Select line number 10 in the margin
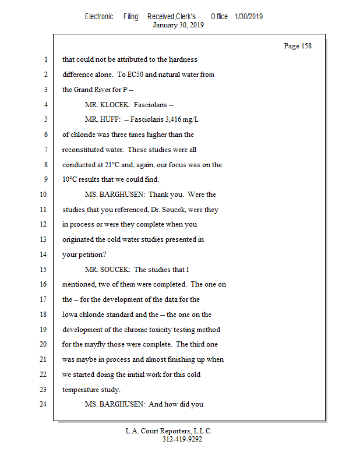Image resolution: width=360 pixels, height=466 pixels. click(44, 195)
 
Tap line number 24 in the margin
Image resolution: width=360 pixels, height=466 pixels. click(44, 404)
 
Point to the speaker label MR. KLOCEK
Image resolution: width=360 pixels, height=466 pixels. click(107, 105)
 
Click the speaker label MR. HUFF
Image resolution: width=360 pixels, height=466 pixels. click(101, 120)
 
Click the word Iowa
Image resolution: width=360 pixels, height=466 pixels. click(71, 315)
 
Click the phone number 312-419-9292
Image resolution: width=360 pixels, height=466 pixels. click(182, 439)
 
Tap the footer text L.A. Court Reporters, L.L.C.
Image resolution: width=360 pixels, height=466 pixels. click(169, 431)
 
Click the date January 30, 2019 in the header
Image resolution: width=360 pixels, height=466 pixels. click(178, 25)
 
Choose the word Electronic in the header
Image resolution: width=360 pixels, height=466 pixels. click(99, 16)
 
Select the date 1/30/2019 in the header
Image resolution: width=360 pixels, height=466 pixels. click(249, 16)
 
